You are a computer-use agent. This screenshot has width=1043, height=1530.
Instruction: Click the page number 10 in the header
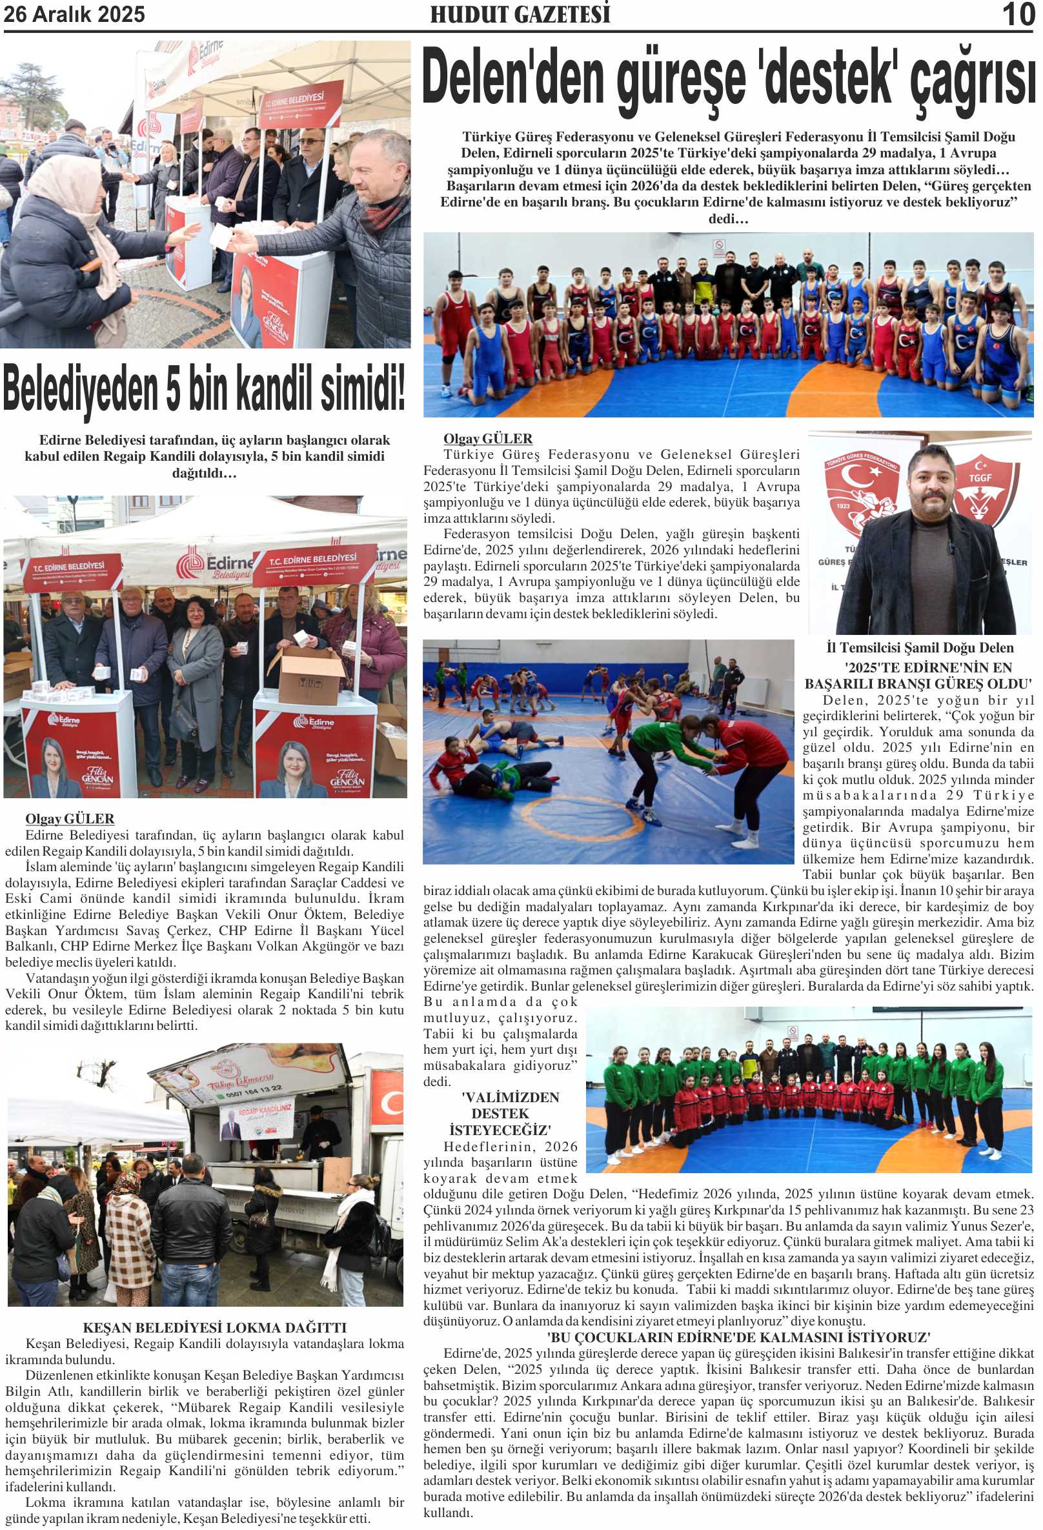pyautogui.click(x=1018, y=14)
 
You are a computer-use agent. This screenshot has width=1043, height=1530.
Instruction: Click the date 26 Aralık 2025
pyautogui.click(x=74, y=14)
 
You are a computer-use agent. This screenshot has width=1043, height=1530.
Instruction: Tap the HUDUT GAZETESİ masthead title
pyautogui.click(x=520, y=14)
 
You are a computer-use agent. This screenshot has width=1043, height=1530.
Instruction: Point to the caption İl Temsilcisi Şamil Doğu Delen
pyautogui.click(x=920, y=648)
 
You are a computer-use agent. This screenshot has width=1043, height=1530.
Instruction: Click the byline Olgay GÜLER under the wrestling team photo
pyautogui.click(x=488, y=438)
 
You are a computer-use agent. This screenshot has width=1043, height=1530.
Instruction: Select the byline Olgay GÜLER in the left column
pyautogui.click(x=70, y=819)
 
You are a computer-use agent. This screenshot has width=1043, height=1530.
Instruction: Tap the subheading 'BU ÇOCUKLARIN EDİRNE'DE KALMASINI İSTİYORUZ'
pyautogui.click(x=738, y=1337)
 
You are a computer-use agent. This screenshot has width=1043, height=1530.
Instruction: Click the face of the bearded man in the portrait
pyautogui.click(x=930, y=484)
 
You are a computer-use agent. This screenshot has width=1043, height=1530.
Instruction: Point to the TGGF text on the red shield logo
pyautogui.click(x=980, y=478)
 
